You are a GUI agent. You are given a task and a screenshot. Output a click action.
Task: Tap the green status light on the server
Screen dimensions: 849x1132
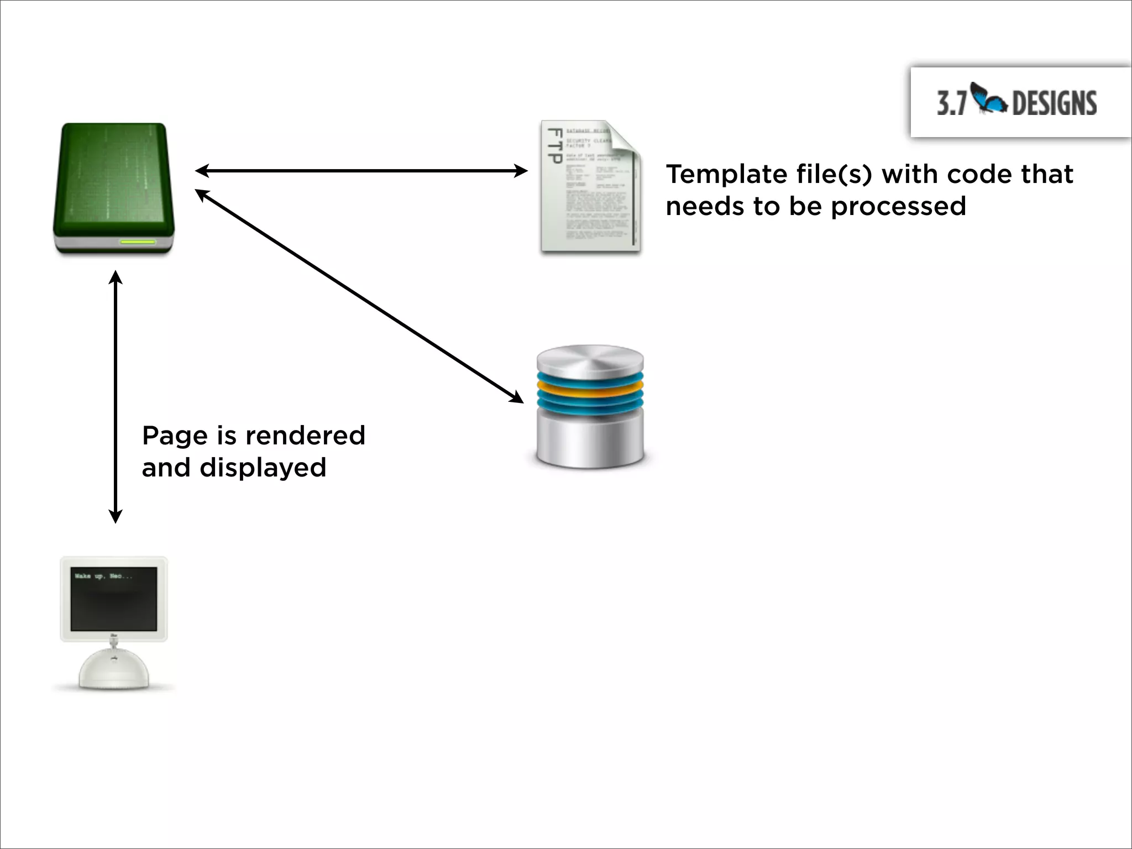[138, 242]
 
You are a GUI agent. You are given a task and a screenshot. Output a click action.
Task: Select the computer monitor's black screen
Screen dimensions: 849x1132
[114, 600]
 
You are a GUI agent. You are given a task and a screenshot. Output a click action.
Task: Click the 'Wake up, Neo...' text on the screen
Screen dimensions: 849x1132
[103, 577]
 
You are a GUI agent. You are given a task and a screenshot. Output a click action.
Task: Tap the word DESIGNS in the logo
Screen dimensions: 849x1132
[1054, 103]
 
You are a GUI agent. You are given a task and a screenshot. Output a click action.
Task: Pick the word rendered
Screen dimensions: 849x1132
[305, 436]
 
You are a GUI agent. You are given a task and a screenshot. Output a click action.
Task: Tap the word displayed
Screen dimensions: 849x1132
[263, 468]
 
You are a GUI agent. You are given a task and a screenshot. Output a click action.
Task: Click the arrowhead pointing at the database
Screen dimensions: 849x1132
[517, 398]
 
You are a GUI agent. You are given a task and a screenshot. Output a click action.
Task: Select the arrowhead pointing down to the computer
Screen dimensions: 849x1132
[115, 517]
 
